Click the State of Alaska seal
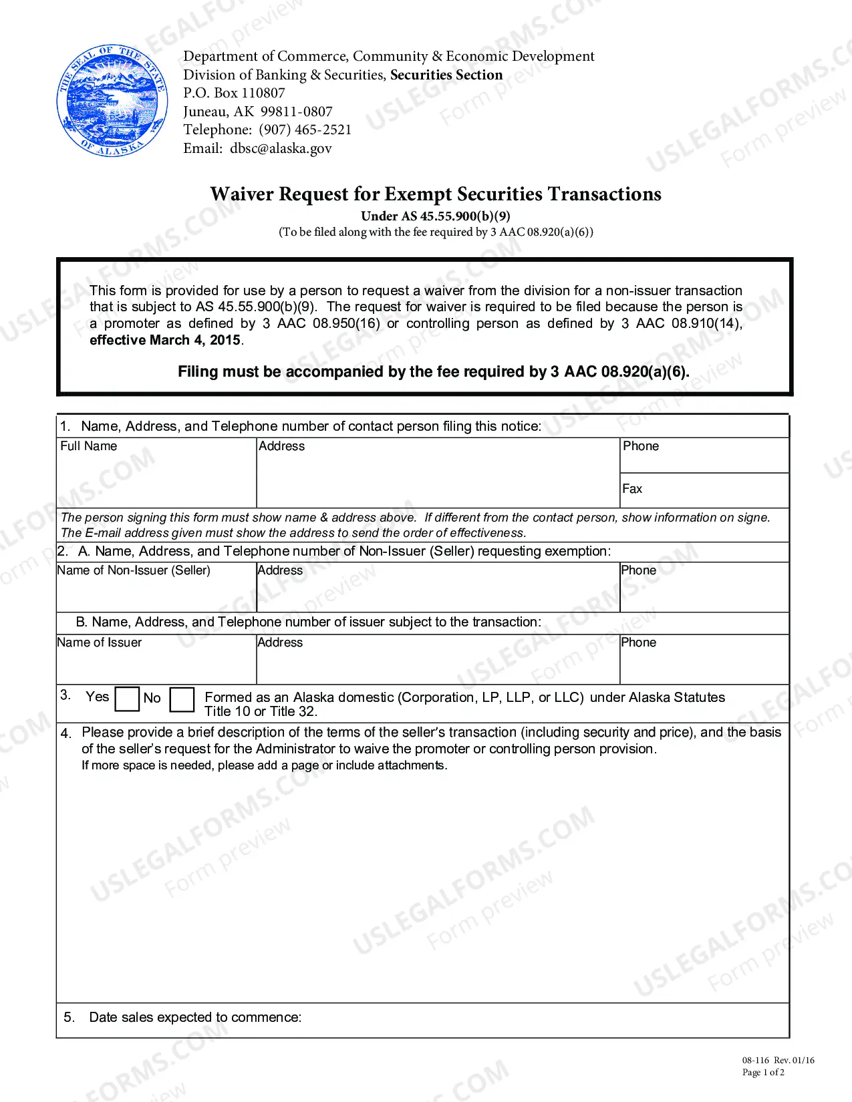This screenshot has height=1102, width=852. [112, 101]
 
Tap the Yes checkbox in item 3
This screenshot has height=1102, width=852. [127, 699]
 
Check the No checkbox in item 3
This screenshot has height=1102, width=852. [182, 699]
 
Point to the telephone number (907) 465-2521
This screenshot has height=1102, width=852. [305, 130]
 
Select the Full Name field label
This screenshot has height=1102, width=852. [88, 446]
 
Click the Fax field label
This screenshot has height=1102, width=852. [632, 489]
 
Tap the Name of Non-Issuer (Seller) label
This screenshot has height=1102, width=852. [134, 570]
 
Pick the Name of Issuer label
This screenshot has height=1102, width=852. [100, 642]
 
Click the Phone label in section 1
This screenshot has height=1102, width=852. [641, 446]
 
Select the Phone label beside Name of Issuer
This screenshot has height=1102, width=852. [638, 642]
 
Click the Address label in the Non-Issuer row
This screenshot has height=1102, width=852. [280, 570]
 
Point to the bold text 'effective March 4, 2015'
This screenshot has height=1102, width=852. [165, 340]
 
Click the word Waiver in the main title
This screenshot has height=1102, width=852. [242, 194]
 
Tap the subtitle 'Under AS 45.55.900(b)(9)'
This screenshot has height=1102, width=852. [436, 216]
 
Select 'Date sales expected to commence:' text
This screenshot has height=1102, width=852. [195, 1017]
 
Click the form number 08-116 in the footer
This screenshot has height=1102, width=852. [756, 1060]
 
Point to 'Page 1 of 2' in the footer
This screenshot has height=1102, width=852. [763, 1073]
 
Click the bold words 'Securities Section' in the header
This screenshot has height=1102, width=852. [446, 75]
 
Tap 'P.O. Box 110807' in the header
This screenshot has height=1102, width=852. [234, 93]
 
